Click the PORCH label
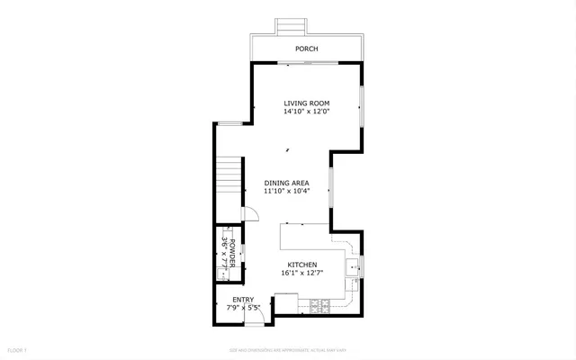tap(306, 49)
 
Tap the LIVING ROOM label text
tap(306, 103)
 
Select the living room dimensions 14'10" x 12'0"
tap(306, 112)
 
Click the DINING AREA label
tap(286, 183)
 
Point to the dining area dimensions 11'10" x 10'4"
tap(286, 192)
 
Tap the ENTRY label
tap(243, 300)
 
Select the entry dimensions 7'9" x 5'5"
tap(243, 308)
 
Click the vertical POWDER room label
tap(231, 255)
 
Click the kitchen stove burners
tap(319, 306)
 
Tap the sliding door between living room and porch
tap(308, 62)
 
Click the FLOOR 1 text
tap(18, 349)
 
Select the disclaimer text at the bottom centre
tap(288, 349)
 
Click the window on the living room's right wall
tap(362, 107)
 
